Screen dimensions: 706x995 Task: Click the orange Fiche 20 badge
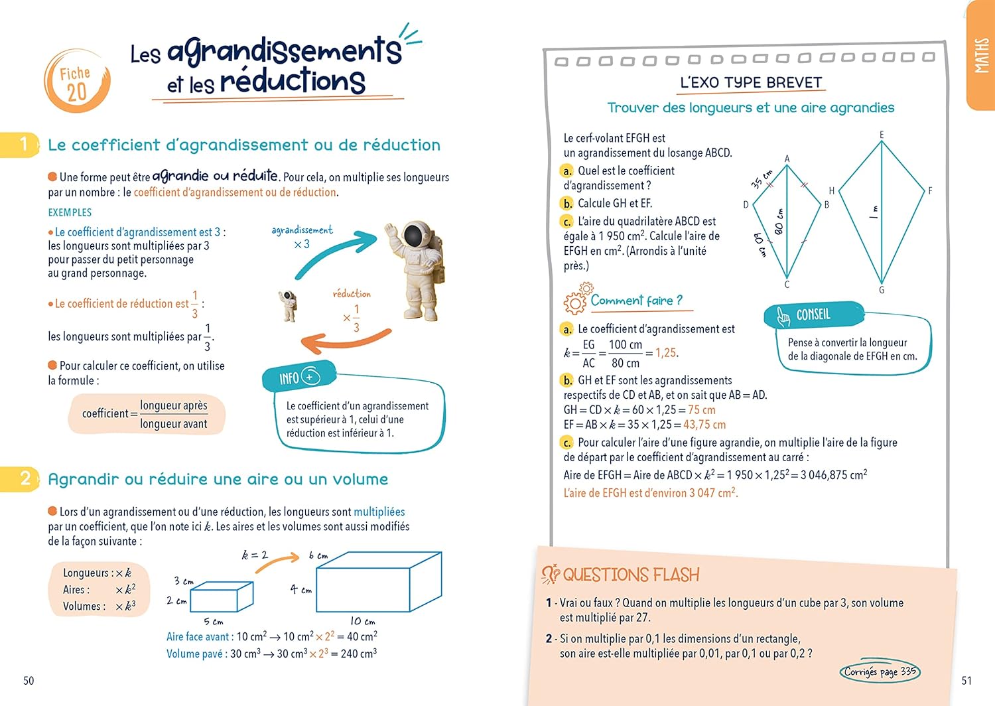(x=76, y=82)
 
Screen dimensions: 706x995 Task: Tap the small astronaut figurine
(x=288, y=306)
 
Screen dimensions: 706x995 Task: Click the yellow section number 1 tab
(x=21, y=144)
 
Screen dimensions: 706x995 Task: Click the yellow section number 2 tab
(x=21, y=478)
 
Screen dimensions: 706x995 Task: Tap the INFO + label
(x=299, y=378)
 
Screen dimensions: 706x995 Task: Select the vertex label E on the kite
(x=882, y=135)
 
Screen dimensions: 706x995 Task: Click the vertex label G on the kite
(x=882, y=290)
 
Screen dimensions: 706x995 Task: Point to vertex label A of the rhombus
(x=787, y=159)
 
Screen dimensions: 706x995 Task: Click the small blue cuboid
(x=222, y=597)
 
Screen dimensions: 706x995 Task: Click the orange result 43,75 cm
(x=704, y=425)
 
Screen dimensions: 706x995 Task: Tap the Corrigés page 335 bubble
(x=880, y=671)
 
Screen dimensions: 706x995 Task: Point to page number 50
(x=29, y=680)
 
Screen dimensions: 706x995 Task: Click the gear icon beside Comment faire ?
(x=576, y=300)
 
